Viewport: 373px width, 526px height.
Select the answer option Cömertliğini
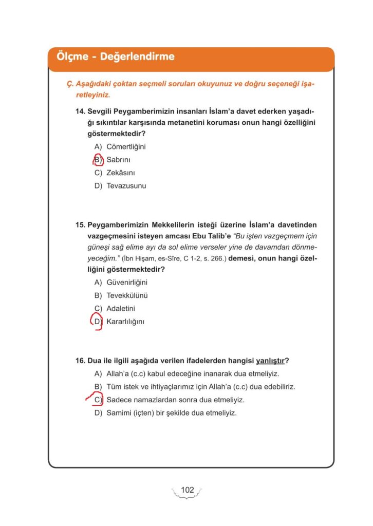click(126, 146)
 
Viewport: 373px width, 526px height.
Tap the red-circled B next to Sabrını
click(98, 160)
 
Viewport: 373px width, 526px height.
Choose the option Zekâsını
click(121, 173)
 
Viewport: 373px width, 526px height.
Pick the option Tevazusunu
click(126, 186)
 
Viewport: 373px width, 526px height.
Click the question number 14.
click(81, 110)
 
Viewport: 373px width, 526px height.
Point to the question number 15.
click(81, 224)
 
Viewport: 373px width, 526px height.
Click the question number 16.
click(81, 360)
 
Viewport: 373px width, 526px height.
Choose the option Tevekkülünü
click(127, 295)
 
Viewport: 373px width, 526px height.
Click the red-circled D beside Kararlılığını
click(98, 322)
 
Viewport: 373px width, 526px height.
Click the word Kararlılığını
click(126, 322)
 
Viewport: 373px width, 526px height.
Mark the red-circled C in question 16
click(98, 400)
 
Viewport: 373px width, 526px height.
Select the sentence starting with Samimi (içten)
click(171, 413)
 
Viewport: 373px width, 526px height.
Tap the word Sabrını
click(119, 160)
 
